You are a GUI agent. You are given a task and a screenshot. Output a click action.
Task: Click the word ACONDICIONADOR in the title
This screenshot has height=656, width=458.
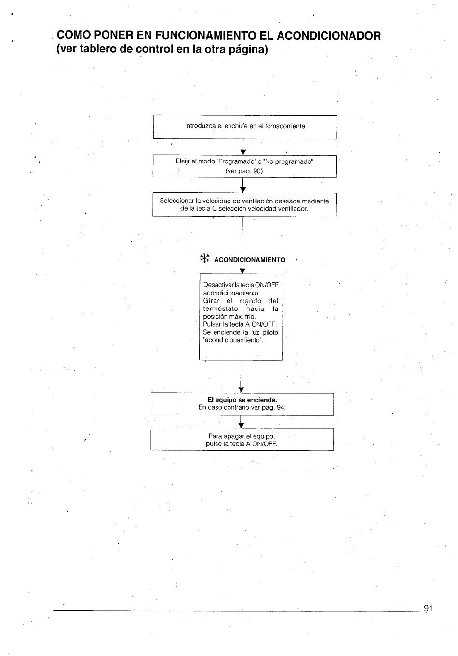point(329,36)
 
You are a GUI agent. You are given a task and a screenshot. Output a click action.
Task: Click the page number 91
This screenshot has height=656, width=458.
point(428,608)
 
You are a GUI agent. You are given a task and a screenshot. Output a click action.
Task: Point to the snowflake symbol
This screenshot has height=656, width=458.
point(205,258)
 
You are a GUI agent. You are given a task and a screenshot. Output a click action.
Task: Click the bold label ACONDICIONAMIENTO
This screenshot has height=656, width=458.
point(250,260)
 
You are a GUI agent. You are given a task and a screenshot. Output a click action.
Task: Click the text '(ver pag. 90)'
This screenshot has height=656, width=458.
point(244,171)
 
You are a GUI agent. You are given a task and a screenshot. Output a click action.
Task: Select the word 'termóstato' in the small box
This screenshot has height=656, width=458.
point(220,308)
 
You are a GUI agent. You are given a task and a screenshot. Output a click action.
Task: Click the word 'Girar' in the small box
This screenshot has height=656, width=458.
point(212,301)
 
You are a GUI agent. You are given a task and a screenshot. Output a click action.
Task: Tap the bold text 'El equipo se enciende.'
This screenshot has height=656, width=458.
point(242,400)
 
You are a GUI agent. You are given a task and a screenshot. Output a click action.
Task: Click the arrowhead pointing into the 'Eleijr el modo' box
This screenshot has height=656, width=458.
point(243,152)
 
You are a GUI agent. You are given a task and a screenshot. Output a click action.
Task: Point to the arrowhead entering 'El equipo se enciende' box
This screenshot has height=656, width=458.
point(241,390)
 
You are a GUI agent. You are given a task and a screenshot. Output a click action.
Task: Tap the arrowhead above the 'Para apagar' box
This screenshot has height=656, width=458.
point(242,426)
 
